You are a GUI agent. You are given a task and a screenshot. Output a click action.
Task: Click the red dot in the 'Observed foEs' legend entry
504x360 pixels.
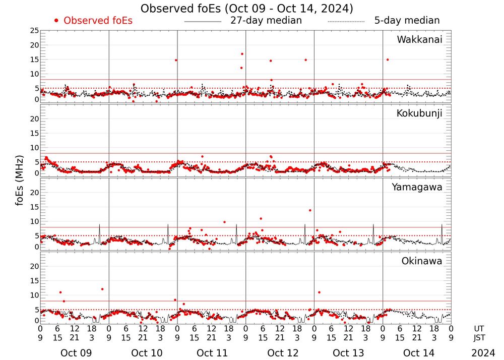56,21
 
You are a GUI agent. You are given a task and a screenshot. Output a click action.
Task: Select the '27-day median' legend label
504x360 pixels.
266,21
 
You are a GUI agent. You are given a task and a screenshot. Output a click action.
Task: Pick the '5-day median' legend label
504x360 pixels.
407,21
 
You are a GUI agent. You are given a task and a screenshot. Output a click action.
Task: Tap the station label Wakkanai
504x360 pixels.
419,40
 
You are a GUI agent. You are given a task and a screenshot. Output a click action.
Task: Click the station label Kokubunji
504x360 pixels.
419,113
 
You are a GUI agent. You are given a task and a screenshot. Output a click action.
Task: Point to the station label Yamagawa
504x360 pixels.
417,187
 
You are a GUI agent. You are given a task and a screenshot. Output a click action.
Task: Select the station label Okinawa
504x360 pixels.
422,261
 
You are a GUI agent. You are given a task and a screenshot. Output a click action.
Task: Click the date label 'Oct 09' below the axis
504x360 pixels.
76,353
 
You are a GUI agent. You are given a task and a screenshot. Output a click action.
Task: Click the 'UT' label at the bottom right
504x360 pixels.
479,328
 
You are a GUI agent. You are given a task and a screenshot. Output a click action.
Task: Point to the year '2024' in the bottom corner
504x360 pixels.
483,353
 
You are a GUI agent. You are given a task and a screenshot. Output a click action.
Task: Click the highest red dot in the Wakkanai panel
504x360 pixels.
242,54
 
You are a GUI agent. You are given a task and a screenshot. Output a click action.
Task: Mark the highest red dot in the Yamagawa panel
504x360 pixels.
310,210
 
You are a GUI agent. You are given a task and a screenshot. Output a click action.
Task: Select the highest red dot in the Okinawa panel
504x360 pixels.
102,289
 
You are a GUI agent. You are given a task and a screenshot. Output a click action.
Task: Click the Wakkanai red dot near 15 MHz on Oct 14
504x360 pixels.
387,59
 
